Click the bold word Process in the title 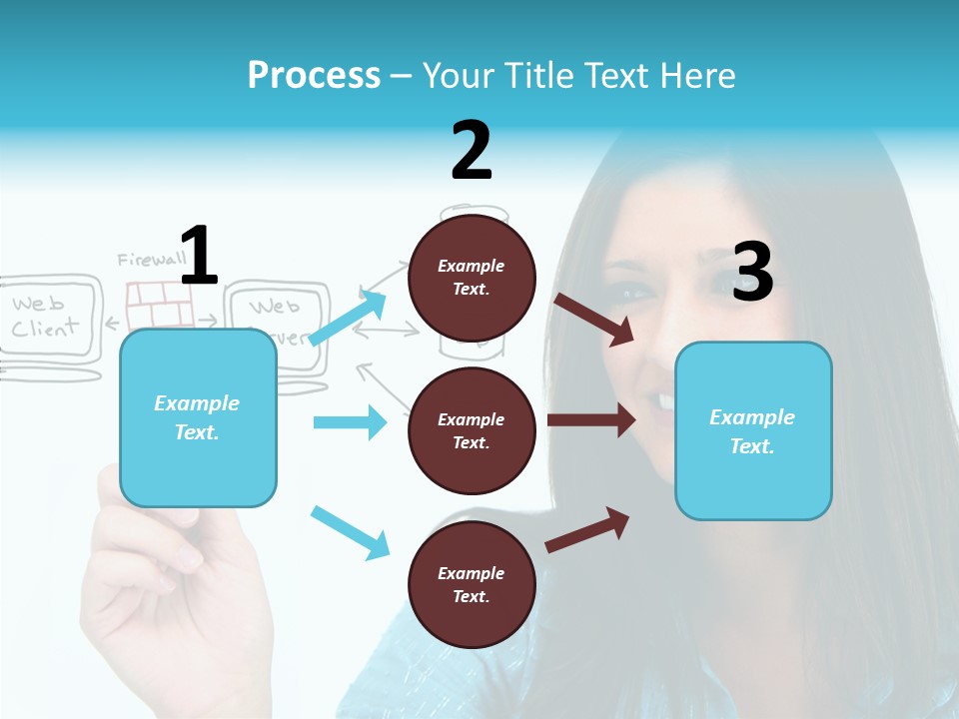314,76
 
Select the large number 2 471,150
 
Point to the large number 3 752,272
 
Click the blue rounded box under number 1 198,417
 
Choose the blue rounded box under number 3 753,431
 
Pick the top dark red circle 472,278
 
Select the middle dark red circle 472,430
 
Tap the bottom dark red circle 472,584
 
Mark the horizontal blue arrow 350,422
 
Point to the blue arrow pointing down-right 350,532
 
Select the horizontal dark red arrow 591,420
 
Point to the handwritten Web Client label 45,316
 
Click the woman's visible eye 630,294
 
